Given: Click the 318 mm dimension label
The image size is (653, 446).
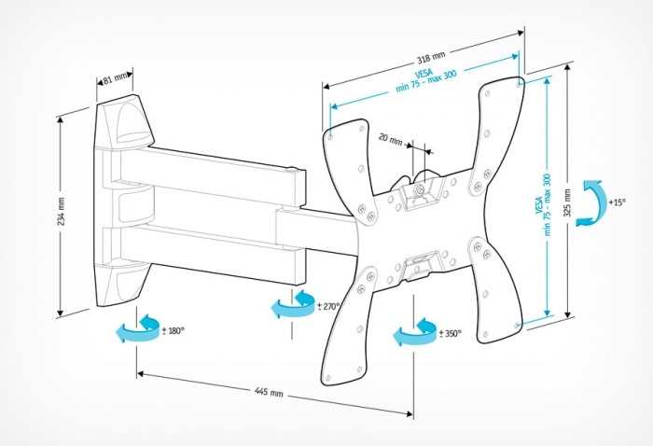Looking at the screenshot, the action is click(x=431, y=58).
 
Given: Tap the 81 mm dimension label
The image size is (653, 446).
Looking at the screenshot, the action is click(x=116, y=77).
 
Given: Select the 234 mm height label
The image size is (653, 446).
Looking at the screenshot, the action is click(x=61, y=212).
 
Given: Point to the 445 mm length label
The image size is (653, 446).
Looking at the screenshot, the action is click(x=269, y=392).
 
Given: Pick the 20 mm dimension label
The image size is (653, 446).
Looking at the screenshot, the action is click(x=390, y=139).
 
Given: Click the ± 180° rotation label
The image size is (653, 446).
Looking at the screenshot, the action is click(x=173, y=331).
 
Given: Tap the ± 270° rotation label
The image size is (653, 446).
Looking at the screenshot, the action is click(x=328, y=306).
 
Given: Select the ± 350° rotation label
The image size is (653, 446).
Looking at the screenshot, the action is click(x=451, y=333).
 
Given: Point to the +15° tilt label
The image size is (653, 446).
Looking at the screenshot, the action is click(x=617, y=202).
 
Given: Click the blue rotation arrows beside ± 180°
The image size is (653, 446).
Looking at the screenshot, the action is click(x=137, y=328).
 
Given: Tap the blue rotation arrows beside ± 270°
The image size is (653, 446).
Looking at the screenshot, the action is click(x=292, y=304).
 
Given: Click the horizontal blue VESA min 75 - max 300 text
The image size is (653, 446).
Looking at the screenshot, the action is click(x=425, y=80).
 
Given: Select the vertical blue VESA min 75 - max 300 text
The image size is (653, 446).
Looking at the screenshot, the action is click(x=544, y=204).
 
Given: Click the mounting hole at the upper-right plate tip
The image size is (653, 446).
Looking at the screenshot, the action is click(x=519, y=85).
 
